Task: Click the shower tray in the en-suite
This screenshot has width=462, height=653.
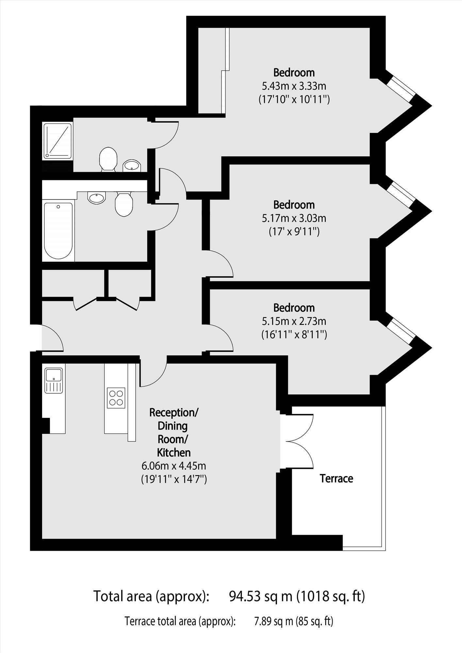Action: click(58, 141)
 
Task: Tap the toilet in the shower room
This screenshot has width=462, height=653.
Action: click(108, 159)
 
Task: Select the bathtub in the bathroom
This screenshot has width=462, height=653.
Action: click(58, 231)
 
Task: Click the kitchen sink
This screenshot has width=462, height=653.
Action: click(54, 380)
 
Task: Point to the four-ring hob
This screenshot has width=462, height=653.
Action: click(116, 398)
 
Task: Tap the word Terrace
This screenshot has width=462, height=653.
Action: click(336, 479)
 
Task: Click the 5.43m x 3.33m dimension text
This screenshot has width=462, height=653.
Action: click(294, 86)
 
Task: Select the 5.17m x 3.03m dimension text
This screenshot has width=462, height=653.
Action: click(294, 218)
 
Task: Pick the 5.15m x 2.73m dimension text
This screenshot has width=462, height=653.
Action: click(294, 321)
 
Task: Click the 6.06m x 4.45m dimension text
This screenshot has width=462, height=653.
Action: click(173, 465)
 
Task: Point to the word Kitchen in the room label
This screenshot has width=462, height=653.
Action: click(174, 452)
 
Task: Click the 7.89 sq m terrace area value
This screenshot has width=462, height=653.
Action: click(273, 621)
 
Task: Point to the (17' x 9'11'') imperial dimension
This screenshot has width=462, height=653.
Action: click(294, 232)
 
